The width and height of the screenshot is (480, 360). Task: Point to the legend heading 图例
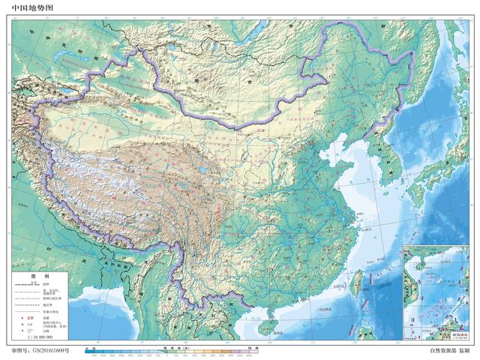point(34,276)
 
